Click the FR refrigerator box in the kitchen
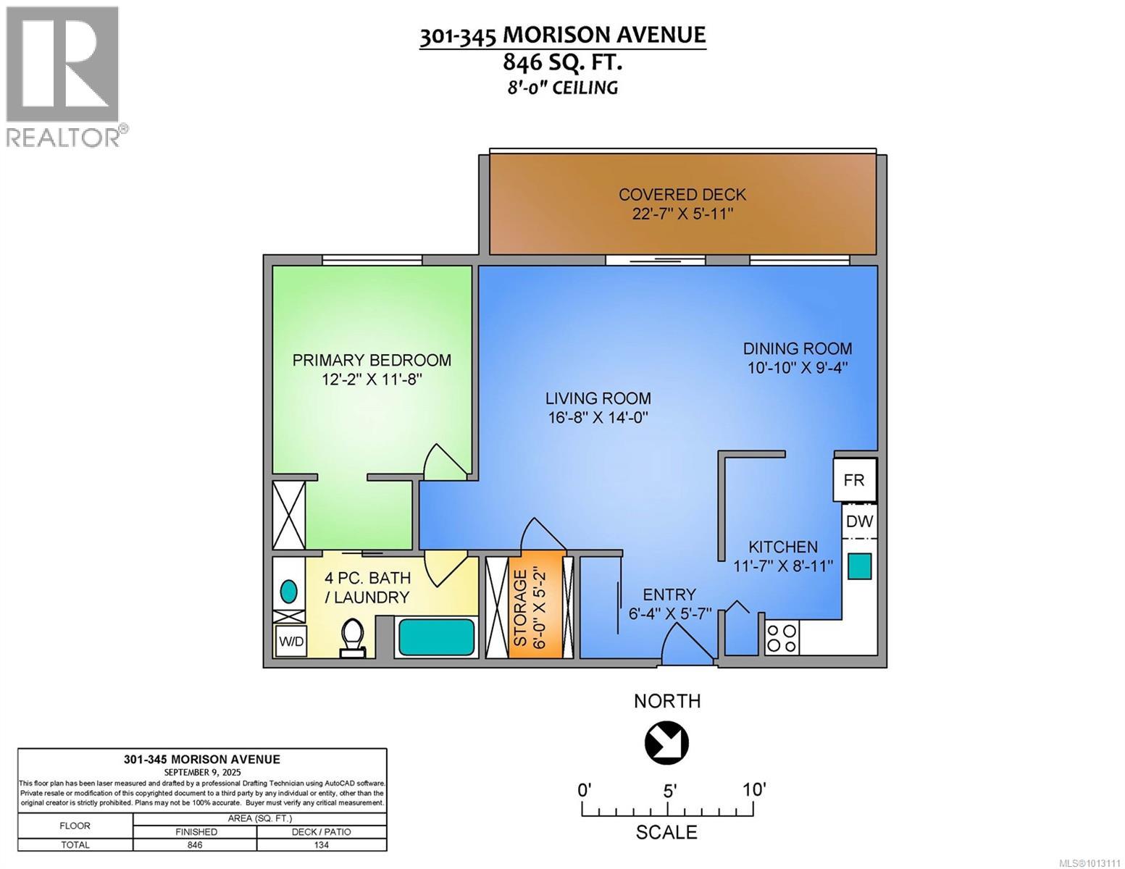pyautogui.click(x=854, y=479)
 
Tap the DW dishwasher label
pyautogui.click(x=859, y=521)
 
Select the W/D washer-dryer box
pyautogui.click(x=290, y=642)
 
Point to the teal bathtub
pyautogui.click(x=435, y=637)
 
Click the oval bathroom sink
pyautogui.click(x=289, y=592)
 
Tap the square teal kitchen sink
pyautogui.click(x=860, y=566)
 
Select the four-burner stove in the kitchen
pyautogui.click(x=781, y=637)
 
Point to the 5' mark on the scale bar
pyautogui.click(x=669, y=789)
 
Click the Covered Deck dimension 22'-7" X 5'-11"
pyautogui.click(x=682, y=214)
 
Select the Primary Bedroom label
pyautogui.click(x=372, y=360)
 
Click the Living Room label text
pyautogui.click(x=598, y=398)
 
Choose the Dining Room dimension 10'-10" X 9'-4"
pyautogui.click(x=798, y=368)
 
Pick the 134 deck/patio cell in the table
pyautogui.click(x=321, y=844)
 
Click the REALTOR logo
pyautogui.click(x=64, y=76)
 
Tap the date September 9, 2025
pyautogui.click(x=201, y=773)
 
